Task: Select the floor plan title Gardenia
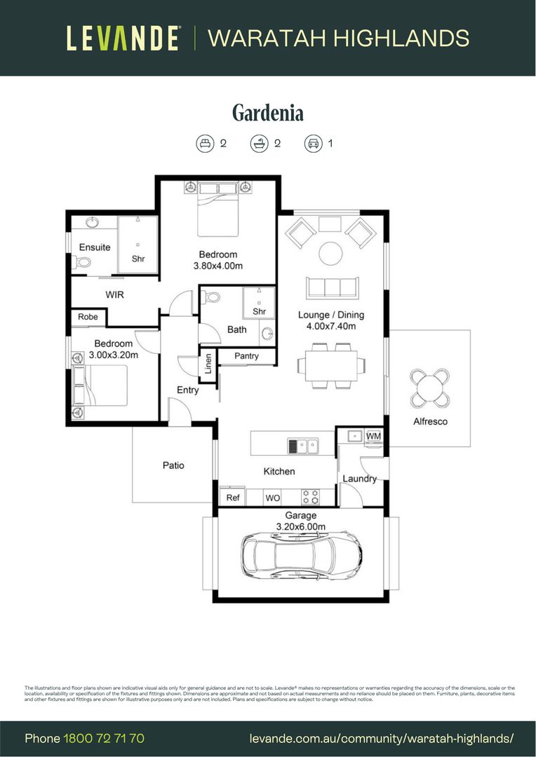pyautogui.click(x=267, y=113)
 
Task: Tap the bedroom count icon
pyautogui.click(x=205, y=144)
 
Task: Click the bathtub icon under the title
pyautogui.click(x=260, y=144)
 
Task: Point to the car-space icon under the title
pyautogui.click(x=312, y=144)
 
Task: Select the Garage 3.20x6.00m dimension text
pyautogui.click(x=300, y=521)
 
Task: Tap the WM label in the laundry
pyautogui.click(x=373, y=437)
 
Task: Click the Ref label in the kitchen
pyautogui.click(x=233, y=498)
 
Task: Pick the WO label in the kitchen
pyautogui.click(x=272, y=498)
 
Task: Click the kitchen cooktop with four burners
pyautogui.click(x=309, y=497)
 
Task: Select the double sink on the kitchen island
pyautogui.click(x=302, y=445)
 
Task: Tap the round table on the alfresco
pyautogui.click(x=429, y=388)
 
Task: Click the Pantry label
pyautogui.click(x=246, y=356)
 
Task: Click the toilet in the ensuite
pyautogui.click(x=81, y=262)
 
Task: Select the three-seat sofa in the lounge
pyautogui.click(x=332, y=287)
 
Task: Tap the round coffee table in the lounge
pyautogui.click(x=330, y=253)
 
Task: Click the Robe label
pyautogui.click(x=88, y=318)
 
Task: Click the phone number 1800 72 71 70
pyautogui.click(x=104, y=739)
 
